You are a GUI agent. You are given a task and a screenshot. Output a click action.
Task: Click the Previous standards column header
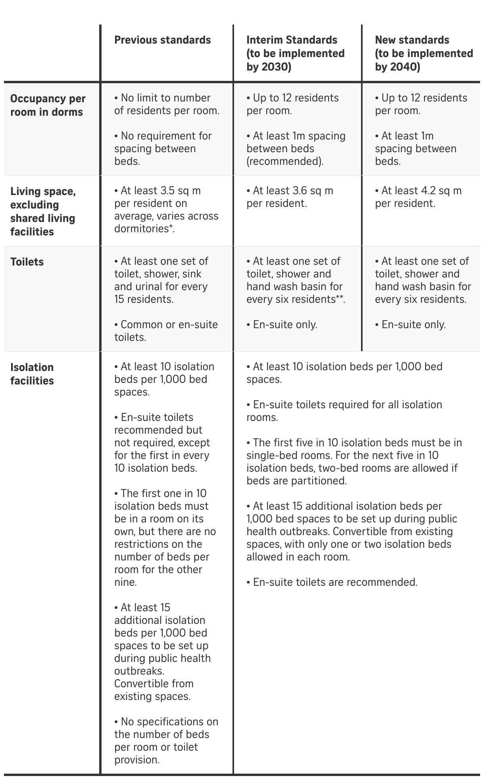[x=162, y=40]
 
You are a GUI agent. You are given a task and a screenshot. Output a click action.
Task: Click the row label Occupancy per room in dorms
[x=48, y=105]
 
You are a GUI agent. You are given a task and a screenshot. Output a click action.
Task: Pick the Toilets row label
[x=27, y=262]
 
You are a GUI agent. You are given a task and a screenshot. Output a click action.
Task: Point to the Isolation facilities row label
[x=32, y=374]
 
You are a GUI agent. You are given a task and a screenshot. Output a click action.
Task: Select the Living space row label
[x=43, y=211]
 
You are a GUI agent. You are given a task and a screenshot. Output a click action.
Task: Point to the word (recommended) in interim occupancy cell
[x=285, y=161]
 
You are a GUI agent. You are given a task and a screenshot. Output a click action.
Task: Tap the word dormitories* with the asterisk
[x=144, y=229]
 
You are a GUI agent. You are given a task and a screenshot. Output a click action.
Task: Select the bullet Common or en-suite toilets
[x=166, y=331]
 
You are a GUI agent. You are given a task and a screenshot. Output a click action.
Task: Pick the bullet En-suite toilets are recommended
[x=332, y=582]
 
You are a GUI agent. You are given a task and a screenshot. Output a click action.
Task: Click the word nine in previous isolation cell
[x=125, y=582]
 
